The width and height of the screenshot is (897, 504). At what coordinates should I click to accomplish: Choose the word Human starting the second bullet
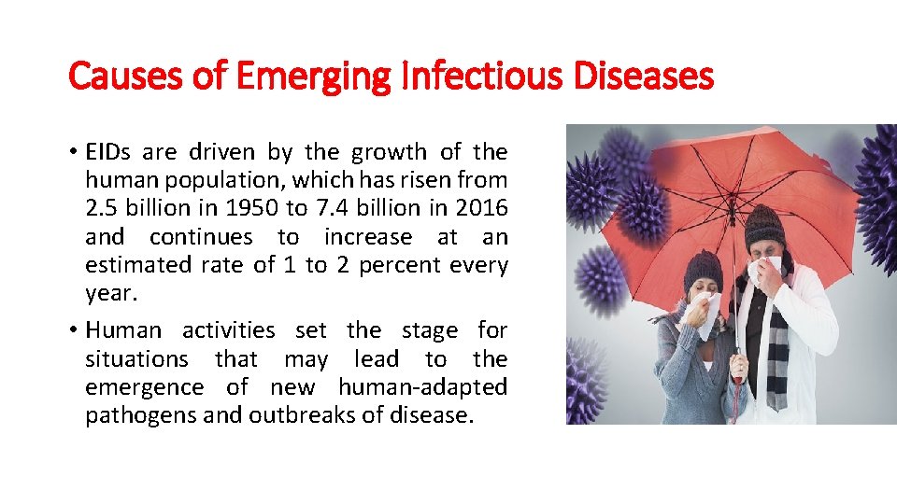[123, 330]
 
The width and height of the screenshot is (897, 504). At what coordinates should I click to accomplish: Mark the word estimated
[137, 265]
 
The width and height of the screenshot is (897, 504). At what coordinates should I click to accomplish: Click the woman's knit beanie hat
[703, 269]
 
